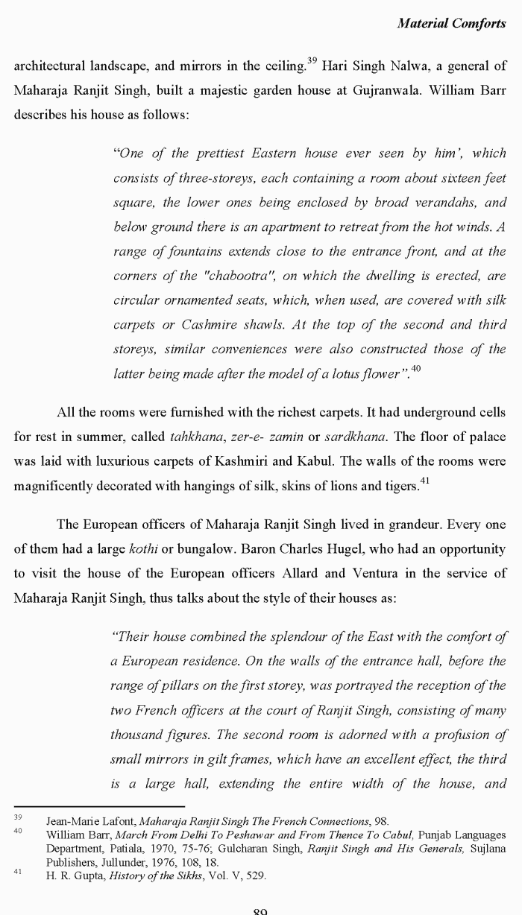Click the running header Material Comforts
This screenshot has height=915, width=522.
coord(452,23)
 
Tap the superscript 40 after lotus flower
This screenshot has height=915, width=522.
coord(416,369)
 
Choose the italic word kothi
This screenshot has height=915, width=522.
coord(144,549)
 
